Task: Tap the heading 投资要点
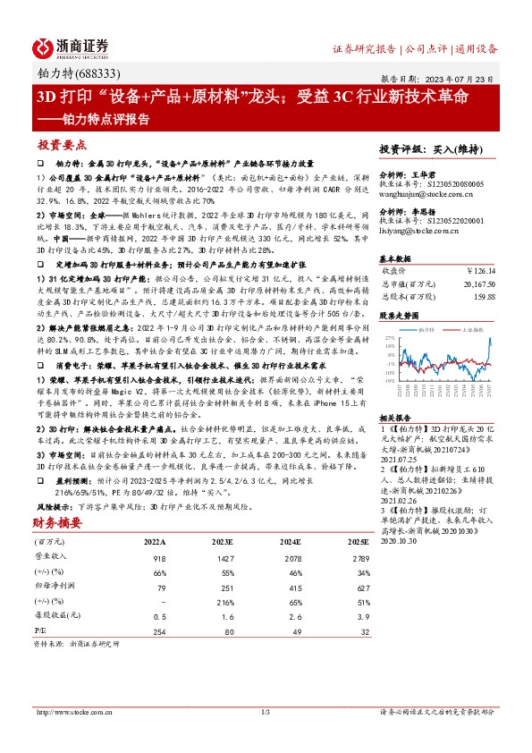tap(63, 143)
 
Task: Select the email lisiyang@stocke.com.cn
tap(414, 231)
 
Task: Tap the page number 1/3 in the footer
tap(265, 737)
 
